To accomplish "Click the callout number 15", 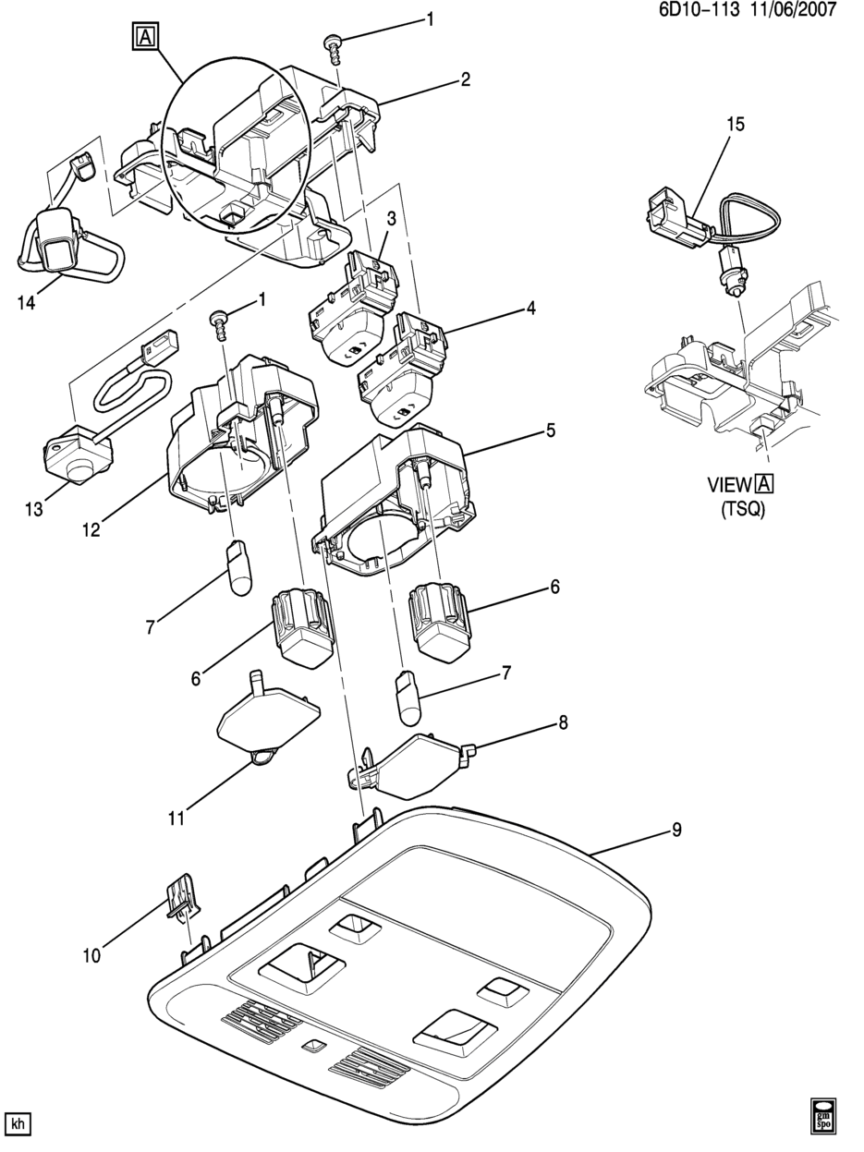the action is (735, 125).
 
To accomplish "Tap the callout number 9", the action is (676, 831).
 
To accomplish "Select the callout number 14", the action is (26, 303).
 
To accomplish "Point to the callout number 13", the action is (34, 509).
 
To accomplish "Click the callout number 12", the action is (91, 530).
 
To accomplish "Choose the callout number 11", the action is (176, 819).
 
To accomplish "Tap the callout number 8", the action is (563, 723).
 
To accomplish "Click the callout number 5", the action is (550, 430).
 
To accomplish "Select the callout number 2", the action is (465, 79).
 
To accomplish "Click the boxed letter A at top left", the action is (145, 37).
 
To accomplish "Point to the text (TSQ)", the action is (743, 508).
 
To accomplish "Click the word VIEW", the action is (730, 485).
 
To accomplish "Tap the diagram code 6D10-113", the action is (700, 10).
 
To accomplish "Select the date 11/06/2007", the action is (794, 10).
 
